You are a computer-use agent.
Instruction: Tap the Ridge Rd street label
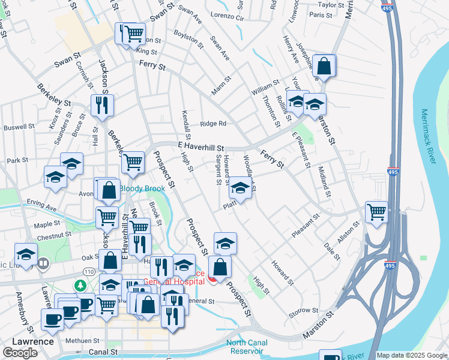pyautogui.click(x=213, y=124)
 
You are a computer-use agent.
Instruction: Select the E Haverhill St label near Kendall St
pyautogui.click(x=200, y=146)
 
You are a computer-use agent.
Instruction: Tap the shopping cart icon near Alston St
pyautogui.click(x=376, y=212)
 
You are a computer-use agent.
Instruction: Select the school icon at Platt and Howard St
pyautogui.click(x=240, y=189)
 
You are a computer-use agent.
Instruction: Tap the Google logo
pyautogui.click(x=20, y=353)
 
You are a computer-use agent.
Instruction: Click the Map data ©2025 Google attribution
pyautogui.click(x=412, y=355)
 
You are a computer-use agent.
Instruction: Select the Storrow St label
pyautogui.click(x=303, y=311)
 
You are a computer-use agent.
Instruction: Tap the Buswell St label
pyautogui.click(x=19, y=127)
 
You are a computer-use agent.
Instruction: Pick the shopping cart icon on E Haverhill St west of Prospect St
pyautogui.click(x=133, y=161)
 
